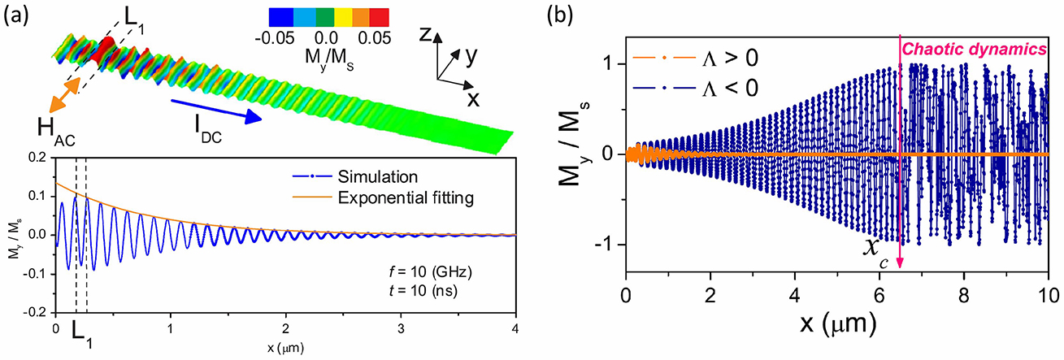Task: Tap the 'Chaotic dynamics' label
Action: [974, 50]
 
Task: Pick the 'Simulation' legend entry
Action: [355, 176]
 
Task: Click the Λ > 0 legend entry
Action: [696, 59]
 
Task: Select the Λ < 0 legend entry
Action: [696, 89]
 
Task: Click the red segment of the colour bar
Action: [379, 17]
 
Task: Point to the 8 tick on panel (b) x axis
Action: [964, 295]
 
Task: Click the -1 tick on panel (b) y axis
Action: [606, 245]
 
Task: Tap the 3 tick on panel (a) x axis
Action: [401, 328]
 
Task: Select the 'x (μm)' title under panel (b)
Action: [838, 323]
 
